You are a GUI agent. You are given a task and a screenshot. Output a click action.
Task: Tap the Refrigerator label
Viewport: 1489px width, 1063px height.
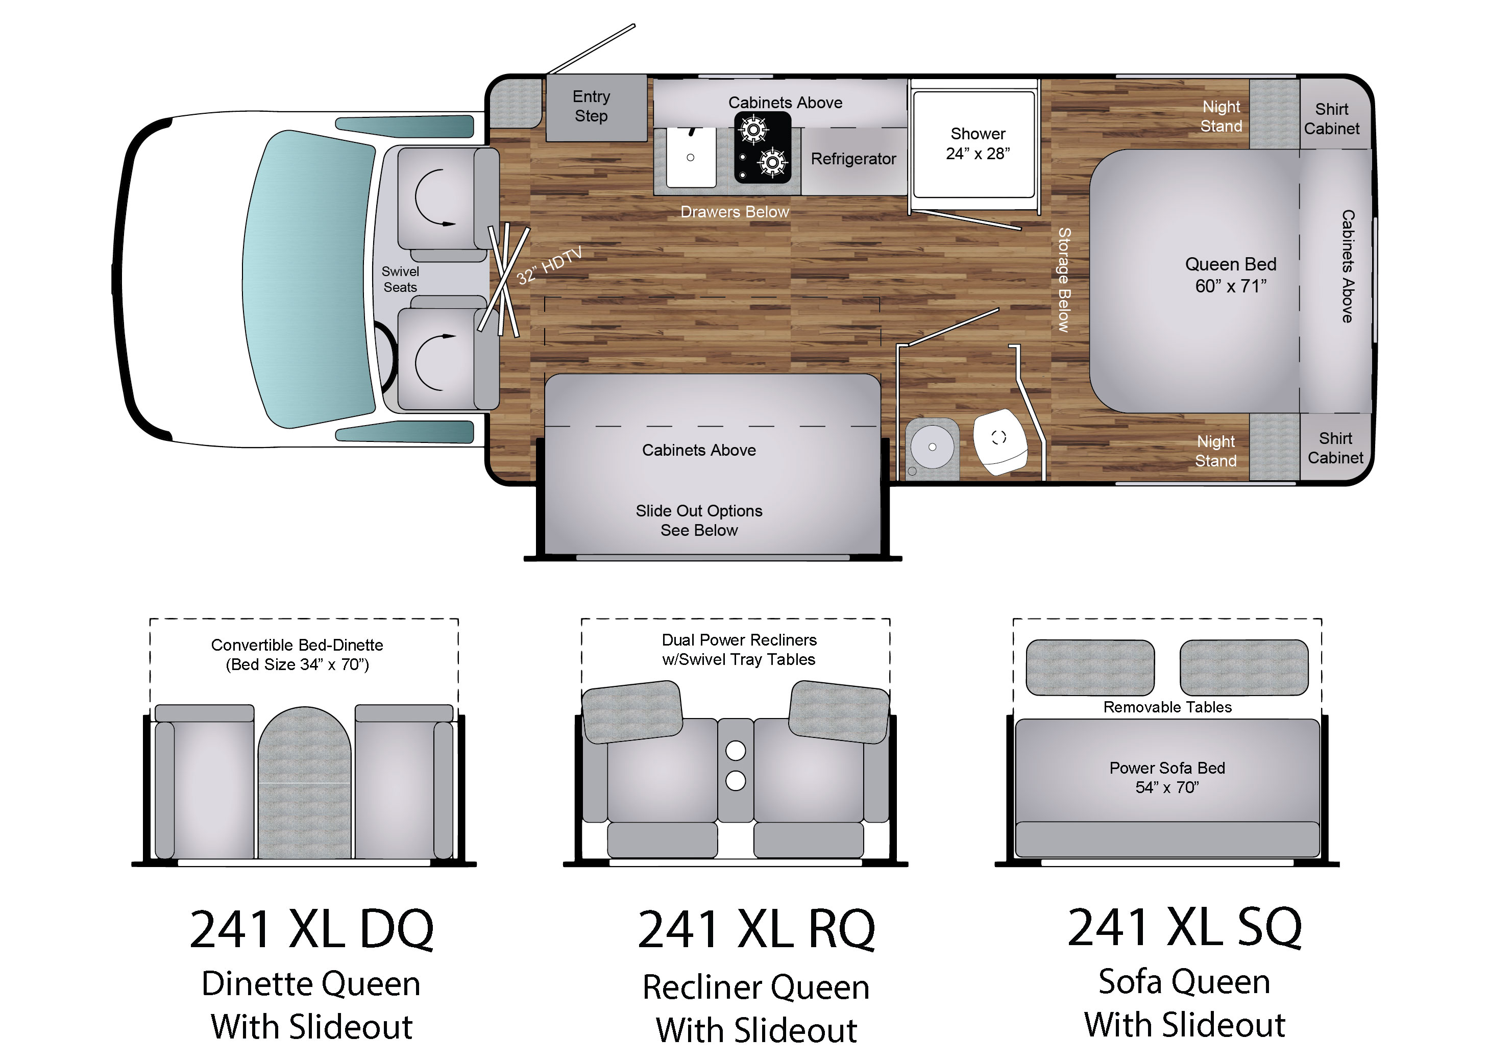(x=853, y=159)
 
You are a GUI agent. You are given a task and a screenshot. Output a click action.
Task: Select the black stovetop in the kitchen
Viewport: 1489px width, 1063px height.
(x=762, y=147)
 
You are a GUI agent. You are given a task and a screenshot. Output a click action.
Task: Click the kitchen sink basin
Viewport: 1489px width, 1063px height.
(x=691, y=157)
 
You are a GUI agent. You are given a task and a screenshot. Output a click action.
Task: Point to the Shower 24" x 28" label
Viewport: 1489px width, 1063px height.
(x=978, y=143)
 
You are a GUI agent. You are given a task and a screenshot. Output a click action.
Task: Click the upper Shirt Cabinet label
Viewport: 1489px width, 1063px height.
(x=1331, y=118)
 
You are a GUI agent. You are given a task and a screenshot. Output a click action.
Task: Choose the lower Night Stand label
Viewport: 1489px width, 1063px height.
(x=1216, y=451)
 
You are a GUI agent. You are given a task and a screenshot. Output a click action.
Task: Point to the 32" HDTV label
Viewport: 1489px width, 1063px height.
(x=549, y=266)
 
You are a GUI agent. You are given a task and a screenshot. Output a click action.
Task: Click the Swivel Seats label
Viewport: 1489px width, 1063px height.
(x=400, y=279)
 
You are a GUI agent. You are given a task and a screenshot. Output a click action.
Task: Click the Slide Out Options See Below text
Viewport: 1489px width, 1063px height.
(x=699, y=521)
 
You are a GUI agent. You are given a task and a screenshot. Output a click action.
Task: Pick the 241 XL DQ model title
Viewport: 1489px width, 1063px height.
(x=312, y=929)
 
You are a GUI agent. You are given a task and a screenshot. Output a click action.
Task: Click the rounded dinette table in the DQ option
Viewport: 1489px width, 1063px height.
(x=304, y=782)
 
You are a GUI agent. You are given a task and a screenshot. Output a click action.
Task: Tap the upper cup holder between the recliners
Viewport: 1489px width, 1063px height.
(x=736, y=750)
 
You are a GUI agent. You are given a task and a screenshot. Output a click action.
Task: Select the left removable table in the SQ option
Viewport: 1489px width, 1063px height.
(x=1090, y=667)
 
